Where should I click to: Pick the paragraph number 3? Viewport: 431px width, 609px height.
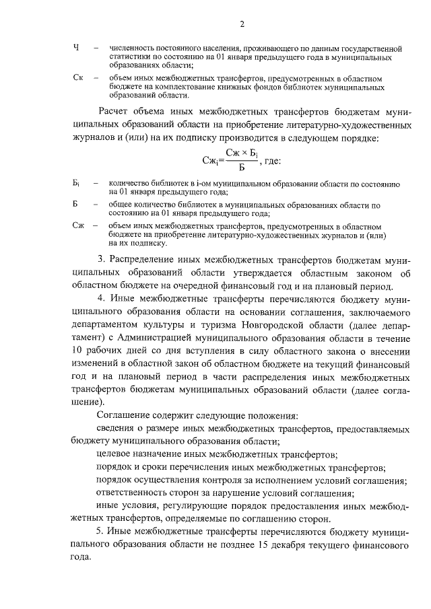point(100,260)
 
